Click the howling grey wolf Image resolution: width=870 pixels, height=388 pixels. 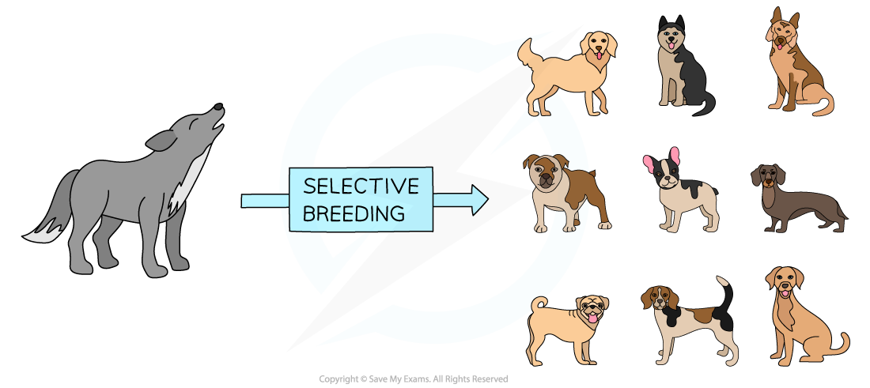pos(134,198)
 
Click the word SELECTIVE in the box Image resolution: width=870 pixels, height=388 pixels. pos(361,186)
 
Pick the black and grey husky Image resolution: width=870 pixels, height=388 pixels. pos(680,67)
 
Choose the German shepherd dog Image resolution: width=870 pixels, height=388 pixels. pos(795,67)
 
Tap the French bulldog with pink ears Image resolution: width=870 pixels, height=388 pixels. pos(680,194)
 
